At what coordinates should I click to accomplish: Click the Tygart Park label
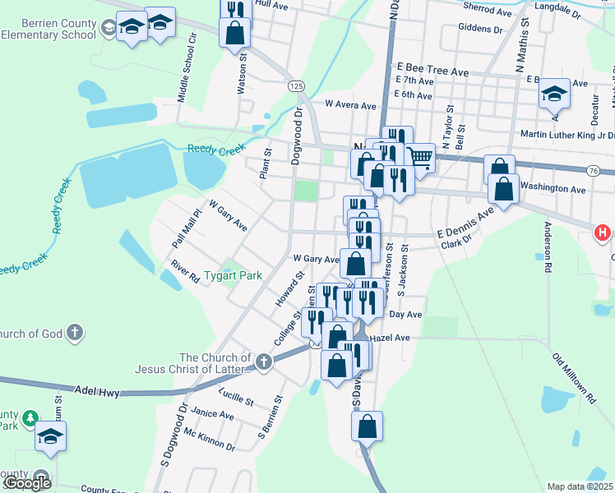(233, 275)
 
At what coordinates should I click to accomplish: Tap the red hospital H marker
(603, 233)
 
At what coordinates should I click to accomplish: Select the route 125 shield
(296, 86)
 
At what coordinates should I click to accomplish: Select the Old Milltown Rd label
(573, 379)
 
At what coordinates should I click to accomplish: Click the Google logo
(27, 482)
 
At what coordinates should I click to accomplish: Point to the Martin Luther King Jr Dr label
(567, 135)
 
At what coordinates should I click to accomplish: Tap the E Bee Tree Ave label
(432, 71)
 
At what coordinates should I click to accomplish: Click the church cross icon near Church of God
(75, 333)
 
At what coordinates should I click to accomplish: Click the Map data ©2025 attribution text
(580, 486)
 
